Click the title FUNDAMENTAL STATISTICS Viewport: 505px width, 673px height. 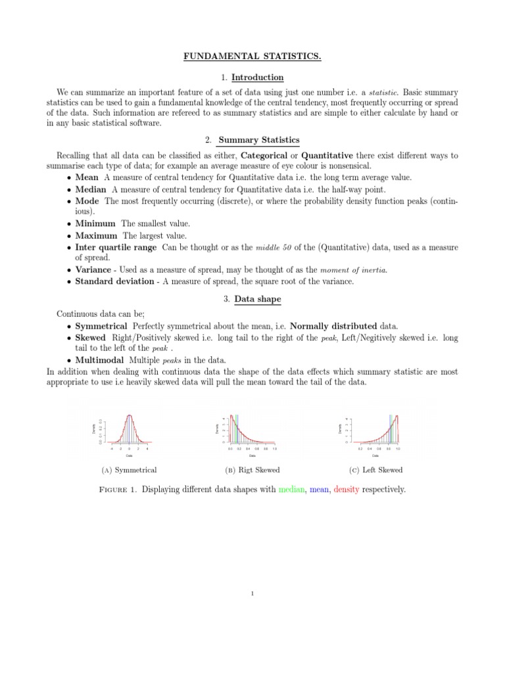(x=252, y=57)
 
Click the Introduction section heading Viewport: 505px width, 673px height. (x=257, y=78)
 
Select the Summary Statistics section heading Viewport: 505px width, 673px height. (x=258, y=140)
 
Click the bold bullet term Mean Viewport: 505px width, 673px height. (x=87, y=177)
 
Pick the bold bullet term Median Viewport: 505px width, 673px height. (x=91, y=189)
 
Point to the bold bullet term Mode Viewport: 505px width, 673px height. (x=87, y=201)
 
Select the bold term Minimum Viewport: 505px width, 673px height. (x=96, y=223)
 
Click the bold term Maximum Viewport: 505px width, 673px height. (x=97, y=235)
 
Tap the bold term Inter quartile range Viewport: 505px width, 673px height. (x=116, y=247)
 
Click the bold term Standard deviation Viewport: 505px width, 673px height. (x=116, y=281)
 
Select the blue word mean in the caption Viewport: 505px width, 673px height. (x=319, y=490)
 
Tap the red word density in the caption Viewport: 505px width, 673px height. (x=347, y=490)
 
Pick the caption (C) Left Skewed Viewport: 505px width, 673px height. (x=375, y=470)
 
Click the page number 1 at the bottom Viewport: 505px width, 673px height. (x=252, y=594)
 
